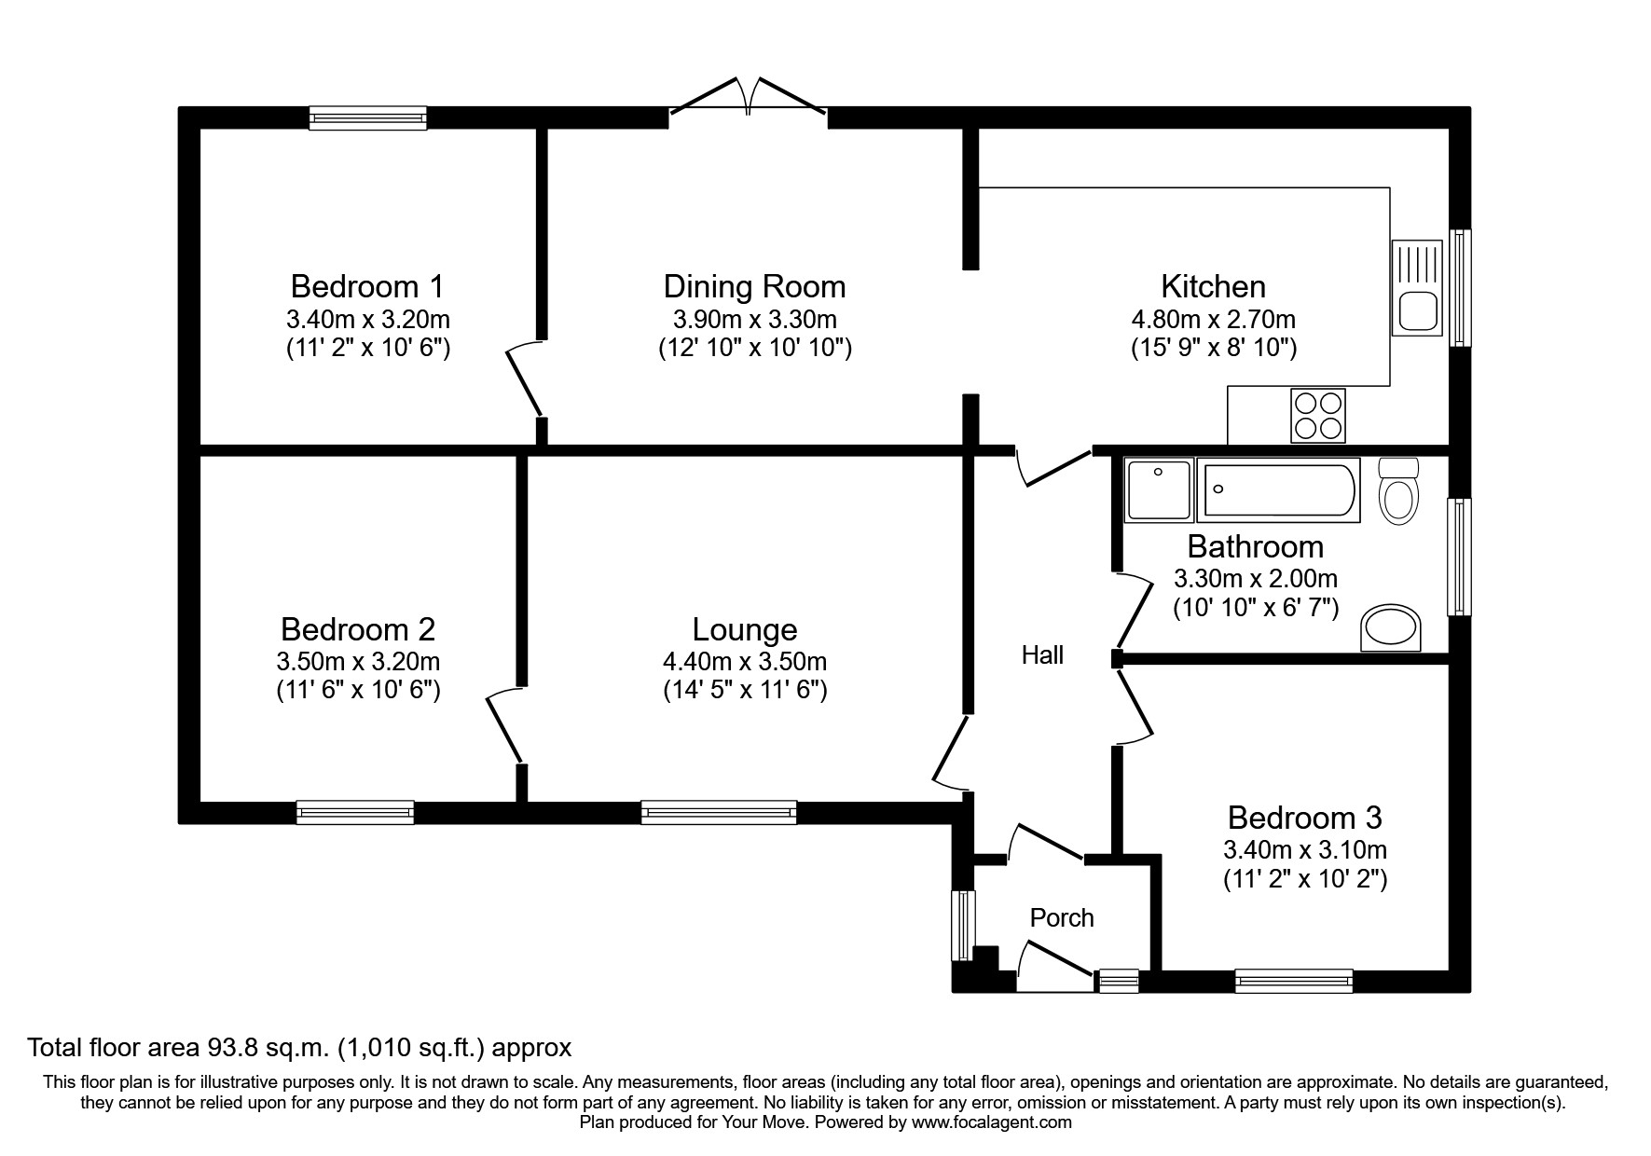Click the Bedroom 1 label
(367, 285)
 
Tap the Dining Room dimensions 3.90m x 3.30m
(754, 320)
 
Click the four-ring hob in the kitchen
(1318, 415)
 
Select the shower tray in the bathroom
(1159, 489)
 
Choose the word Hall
(1042, 655)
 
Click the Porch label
(1062, 918)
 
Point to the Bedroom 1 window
(367, 117)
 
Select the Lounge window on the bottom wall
(719, 812)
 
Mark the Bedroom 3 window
(1293, 981)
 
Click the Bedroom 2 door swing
(504, 727)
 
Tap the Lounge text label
(745, 630)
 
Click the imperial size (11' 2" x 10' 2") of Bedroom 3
(1305, 879)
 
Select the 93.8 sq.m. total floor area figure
(264, 1048)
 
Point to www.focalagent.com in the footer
(992, 1122)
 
